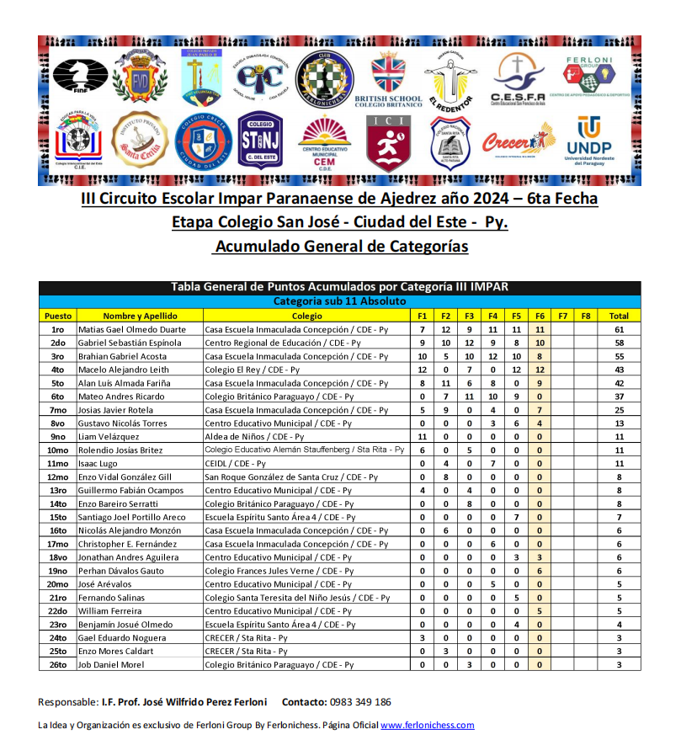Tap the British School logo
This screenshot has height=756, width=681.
387,82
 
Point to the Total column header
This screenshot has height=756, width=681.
619,316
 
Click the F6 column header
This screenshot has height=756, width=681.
540,316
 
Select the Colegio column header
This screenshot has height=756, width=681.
306,316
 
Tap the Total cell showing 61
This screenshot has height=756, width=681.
619,329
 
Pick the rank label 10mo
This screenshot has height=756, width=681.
58,450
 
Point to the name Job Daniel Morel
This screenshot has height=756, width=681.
111,665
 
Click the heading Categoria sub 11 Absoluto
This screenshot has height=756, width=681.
339,301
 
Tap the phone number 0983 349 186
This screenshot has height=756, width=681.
359,702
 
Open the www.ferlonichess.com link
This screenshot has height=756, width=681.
427,725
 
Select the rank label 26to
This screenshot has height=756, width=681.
58,665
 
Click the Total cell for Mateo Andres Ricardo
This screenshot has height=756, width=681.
619,397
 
